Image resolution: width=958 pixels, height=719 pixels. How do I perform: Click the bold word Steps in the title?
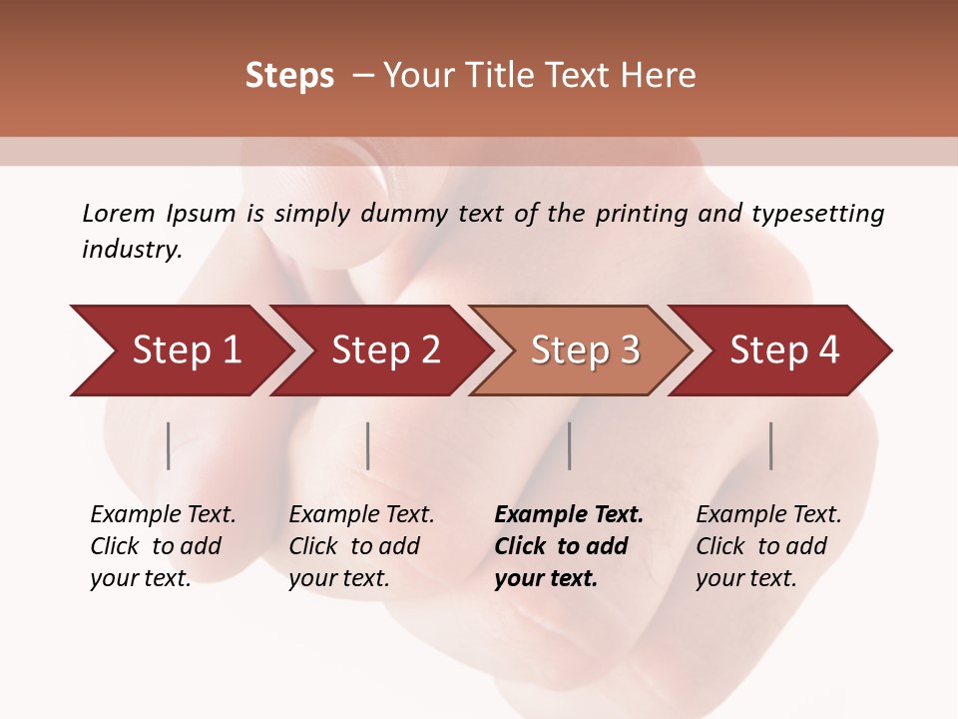(289, 76)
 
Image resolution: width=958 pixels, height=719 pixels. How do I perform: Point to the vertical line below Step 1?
(169, 445)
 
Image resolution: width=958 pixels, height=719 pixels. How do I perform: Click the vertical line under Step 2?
(368, 445)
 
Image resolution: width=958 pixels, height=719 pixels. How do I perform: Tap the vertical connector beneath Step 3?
(569, 445)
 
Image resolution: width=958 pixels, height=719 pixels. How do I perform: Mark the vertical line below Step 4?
(771, 445)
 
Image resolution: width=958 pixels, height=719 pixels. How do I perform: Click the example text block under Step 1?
(163, 546)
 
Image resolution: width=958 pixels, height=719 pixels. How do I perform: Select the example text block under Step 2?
(361, 546)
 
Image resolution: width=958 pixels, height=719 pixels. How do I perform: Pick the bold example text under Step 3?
(569, 546)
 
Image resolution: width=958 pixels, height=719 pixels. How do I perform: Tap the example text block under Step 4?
(768, 546)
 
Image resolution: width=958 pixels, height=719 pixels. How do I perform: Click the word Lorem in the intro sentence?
(119, 213)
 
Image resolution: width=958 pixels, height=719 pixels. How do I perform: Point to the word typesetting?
(818, 214)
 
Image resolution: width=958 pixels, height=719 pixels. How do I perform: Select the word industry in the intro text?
(132, 249)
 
